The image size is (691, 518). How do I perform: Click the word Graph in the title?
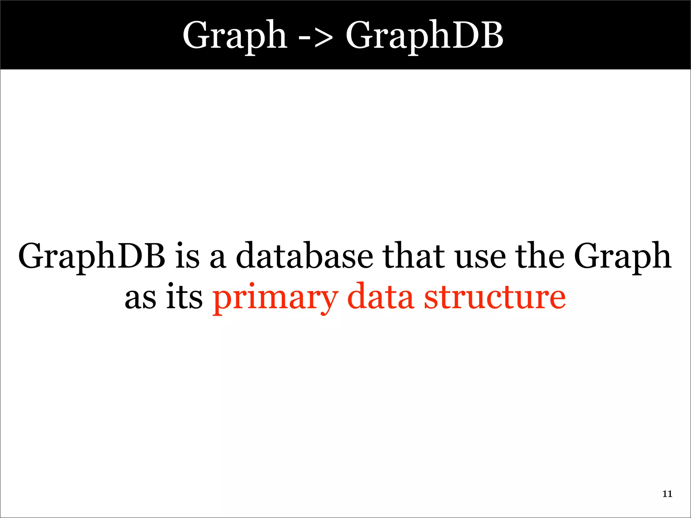[235, 35]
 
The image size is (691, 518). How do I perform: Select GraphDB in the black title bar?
[424, 35]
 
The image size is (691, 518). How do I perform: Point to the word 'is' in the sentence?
[188, 255]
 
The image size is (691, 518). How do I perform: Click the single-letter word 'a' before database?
[218, 258]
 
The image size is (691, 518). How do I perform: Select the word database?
[305, 255]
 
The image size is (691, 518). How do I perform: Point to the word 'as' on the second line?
[140, 298]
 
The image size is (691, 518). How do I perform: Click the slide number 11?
[667, 494]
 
